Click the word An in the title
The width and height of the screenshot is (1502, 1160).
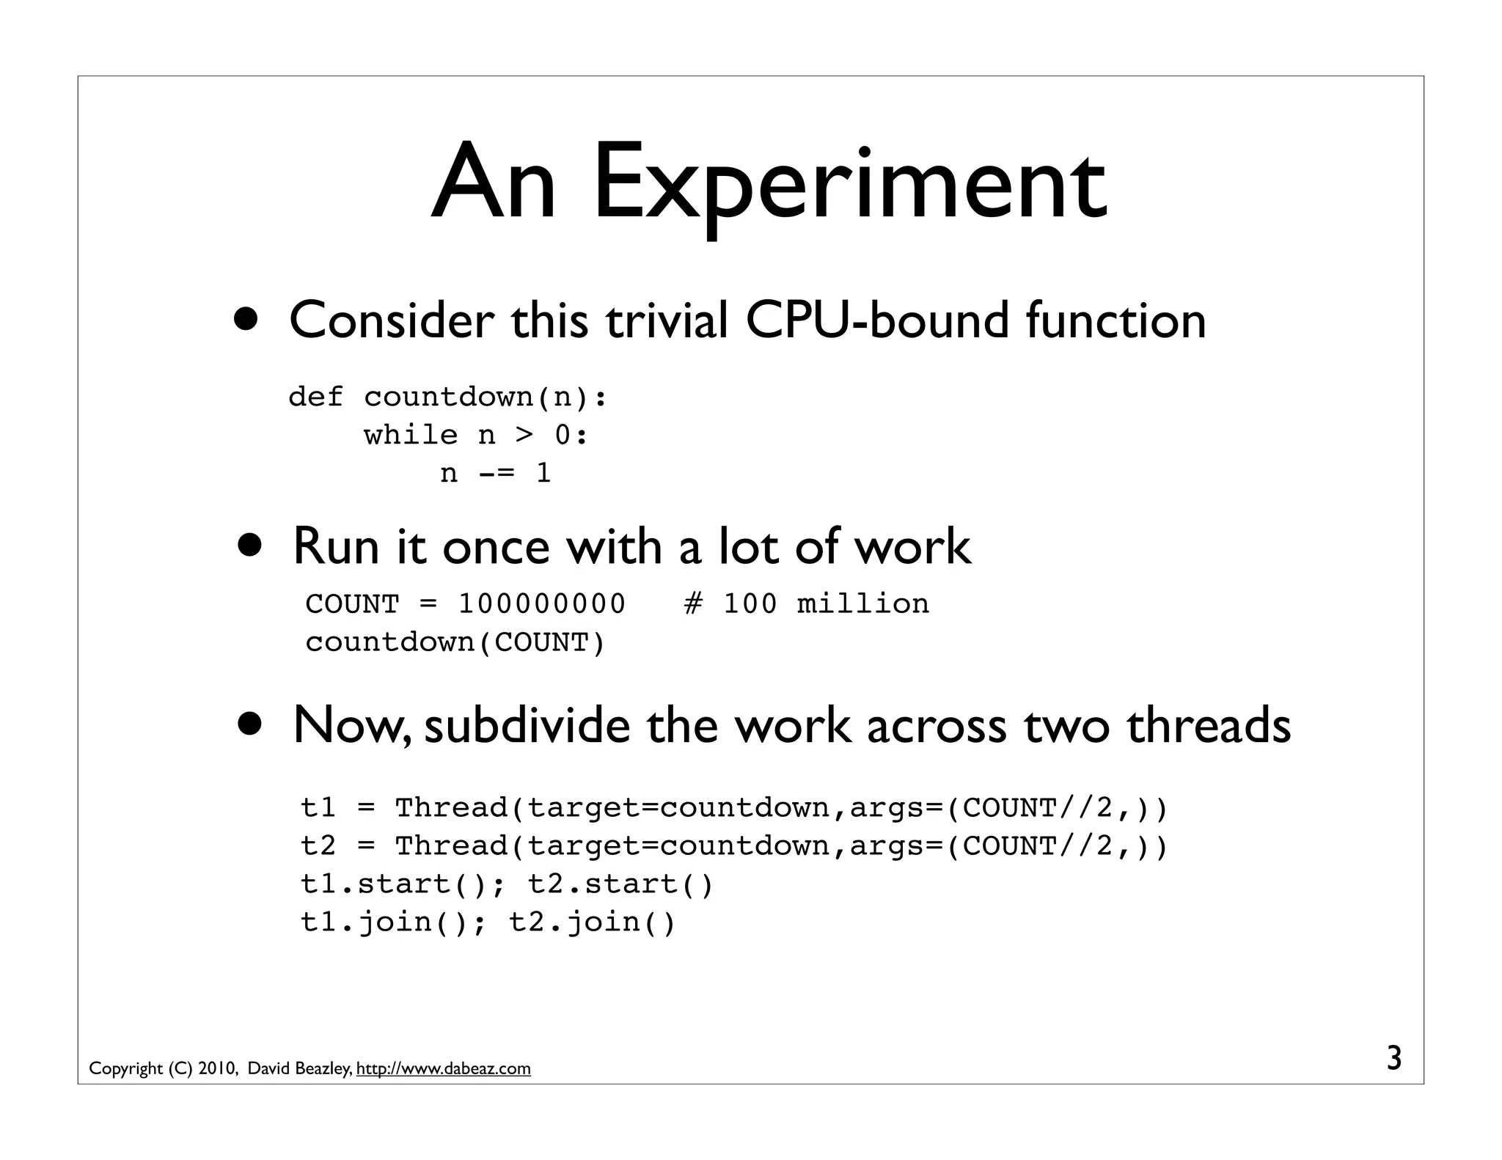coord(493,183)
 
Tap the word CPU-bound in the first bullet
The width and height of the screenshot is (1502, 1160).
coord(877,320)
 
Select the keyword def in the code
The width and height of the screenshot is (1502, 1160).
coord(315,397)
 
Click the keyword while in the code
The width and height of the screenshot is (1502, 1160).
coord(411,436)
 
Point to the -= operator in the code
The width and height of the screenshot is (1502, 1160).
coord(496,474)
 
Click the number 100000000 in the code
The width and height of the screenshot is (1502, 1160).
coord(542,604)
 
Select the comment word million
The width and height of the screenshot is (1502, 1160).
coord(862,604)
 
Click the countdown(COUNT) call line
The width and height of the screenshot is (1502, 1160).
coord(455,642)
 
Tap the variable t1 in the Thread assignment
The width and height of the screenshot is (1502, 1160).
coord(318,808)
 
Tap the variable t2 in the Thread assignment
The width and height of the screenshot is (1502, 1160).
coord(318,846)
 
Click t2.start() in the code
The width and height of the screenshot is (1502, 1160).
coord(620,884)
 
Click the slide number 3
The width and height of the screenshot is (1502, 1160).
coord(1393,1059)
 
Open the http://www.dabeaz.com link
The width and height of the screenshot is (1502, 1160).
coord(443,1069)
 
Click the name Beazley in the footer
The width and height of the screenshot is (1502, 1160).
coord(323,1069)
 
